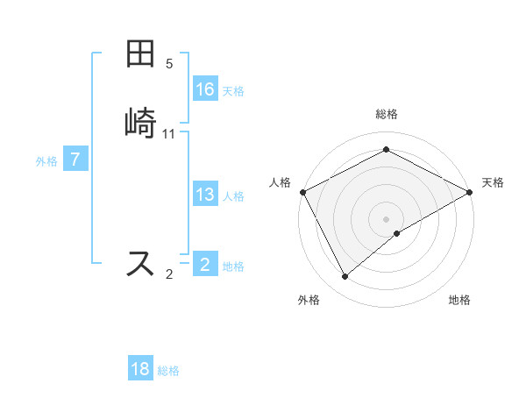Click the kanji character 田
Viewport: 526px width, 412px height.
pyautogui.click(x=141, y=55)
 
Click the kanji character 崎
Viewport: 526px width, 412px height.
pyautogui.click(x=141, y=122)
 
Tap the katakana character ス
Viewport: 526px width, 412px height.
pyautogui.click(x=141, y=263)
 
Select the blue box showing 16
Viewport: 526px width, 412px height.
pyautogui.click(x=205, y=89)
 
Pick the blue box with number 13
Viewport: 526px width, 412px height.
pyautogui.click(x=205, y=195)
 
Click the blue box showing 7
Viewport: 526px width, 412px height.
pyautogui.click(x=76, y=160)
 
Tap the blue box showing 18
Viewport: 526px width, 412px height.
pyautogui.click(x=140, y=369)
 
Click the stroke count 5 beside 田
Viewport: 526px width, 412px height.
pyautogui.click(x=169, y=64)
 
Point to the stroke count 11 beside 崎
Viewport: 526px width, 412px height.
pyautogui.click(x=169, y=134)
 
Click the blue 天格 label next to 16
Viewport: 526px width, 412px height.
pyautogui.click(x=233, y=90)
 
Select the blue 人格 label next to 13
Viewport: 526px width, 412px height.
pyautogui.click(x=233, y=196)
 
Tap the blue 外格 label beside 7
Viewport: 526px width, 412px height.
pyautogui.click(x=46, y=161)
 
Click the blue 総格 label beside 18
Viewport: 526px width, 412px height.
pyautogui.click(x=168, y=371)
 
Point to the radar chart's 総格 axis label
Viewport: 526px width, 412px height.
pyautogui.click(x=386, y=114)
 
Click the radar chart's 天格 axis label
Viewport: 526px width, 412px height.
pyautogui.click(x=493, y=182)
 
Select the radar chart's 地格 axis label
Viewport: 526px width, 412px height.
pyautogui.click(x=459, y=300)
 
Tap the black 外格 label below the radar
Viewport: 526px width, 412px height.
pyautogui.click(x=309, y=300)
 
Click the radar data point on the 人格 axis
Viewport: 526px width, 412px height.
pyautogui.click(x=302, y=192)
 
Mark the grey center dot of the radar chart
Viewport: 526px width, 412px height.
pyautogui.click(x=386, y=219)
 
